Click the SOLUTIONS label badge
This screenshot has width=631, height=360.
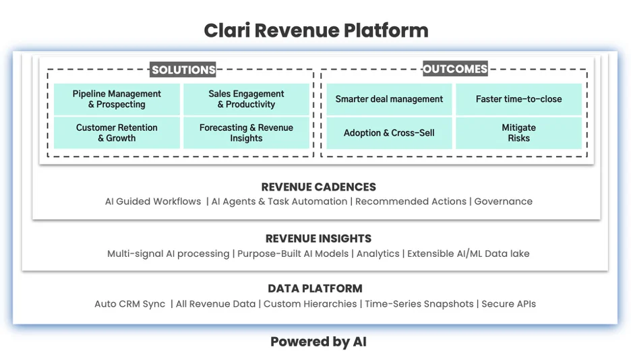click(183, 69)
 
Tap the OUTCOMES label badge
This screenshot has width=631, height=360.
click(455, 69)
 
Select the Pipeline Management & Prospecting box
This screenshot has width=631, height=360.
click(117, 99)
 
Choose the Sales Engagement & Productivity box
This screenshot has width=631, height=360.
click(246, 99)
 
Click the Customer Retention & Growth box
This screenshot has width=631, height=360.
click(117, 133)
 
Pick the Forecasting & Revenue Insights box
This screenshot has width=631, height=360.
click(246, 133)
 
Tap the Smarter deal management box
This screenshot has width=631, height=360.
click(389, 99)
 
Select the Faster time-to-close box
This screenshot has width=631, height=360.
click(518, 99)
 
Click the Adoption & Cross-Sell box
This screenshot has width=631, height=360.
click(389, 133)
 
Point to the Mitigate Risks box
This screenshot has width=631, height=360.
click(518, 133)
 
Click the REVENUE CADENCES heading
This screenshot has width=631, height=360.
click(318, 187)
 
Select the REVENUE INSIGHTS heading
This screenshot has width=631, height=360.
click(318, 239)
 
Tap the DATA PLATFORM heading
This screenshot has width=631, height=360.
click(315, 289)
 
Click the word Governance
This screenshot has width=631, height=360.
click(503, 201)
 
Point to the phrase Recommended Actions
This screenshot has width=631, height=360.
click(411, 201)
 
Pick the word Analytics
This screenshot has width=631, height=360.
click(378, 253)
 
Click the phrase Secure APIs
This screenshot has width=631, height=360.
click(509, 303)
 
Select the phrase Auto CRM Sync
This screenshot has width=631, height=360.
click(130, 303)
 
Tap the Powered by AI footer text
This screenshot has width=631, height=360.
click(318, 342)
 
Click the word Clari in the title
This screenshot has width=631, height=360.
click(227, 30)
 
